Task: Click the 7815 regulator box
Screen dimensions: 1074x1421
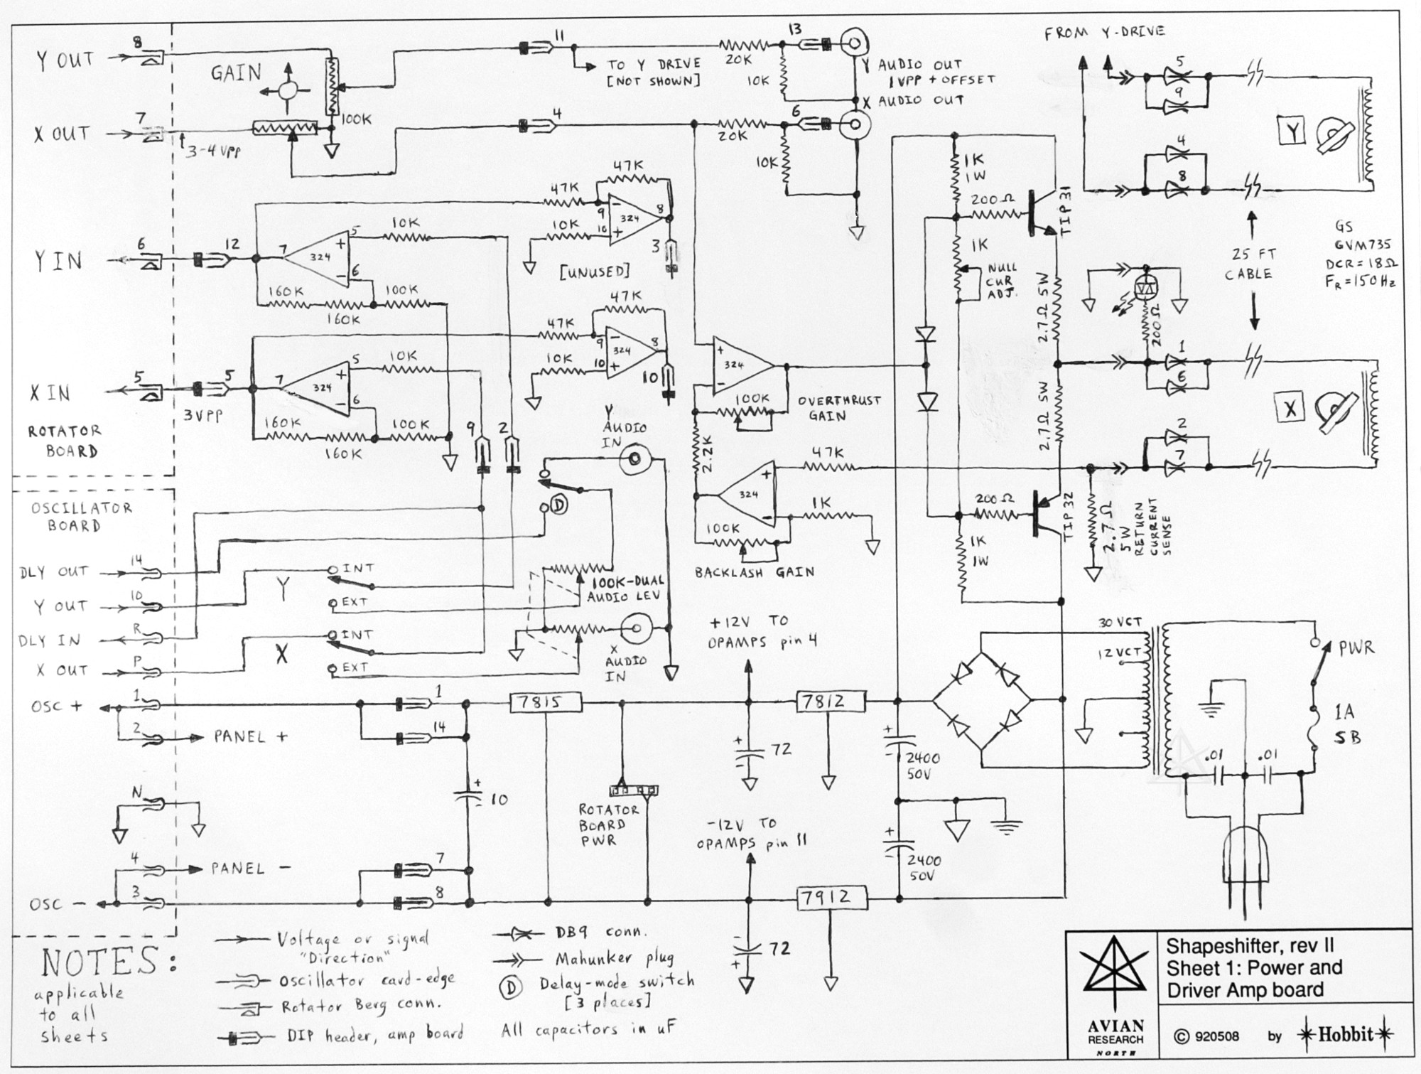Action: point(546,703)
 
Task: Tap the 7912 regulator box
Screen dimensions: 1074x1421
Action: point(831,898)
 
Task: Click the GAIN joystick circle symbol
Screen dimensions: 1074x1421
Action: point(288,90)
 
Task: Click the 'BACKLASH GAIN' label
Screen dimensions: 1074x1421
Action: point(754,572)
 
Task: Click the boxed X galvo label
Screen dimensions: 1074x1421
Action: point(1290,408)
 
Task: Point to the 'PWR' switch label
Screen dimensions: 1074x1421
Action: point(1356,648)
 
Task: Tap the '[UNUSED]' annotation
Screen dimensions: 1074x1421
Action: point(595,272)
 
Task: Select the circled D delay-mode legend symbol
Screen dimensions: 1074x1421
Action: point(511,987)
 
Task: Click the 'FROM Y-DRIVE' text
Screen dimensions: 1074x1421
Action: point(1104,32)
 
